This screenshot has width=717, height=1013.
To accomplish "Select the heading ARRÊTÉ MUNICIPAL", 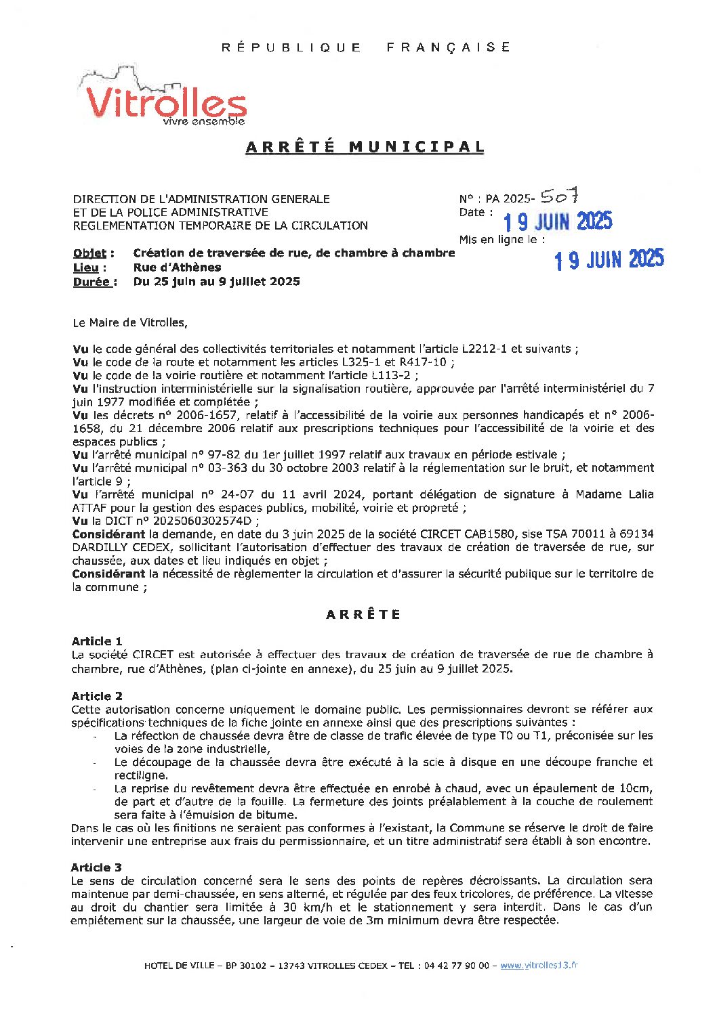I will point(365,147).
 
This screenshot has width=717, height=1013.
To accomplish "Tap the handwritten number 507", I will point(559,196).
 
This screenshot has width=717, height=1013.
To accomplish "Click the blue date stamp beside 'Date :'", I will point(557,221).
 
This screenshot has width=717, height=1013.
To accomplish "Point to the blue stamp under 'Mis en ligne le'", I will point(609,259).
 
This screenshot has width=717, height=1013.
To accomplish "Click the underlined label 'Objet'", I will point(89,253).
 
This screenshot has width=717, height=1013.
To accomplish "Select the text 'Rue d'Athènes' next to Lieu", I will point(177,267).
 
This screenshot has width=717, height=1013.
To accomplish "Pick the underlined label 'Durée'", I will point(91,282).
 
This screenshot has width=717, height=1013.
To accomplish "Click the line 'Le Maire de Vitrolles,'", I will point(129,323).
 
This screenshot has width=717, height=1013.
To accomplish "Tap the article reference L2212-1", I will point(489,349).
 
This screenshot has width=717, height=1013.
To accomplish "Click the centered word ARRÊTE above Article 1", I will point(364,615).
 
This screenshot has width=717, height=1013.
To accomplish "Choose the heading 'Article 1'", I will point(97,641).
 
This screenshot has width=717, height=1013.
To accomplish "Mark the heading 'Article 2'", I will point(97,696).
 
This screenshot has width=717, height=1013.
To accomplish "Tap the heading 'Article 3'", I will point(96,867).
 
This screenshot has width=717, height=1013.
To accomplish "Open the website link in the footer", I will point(539,966).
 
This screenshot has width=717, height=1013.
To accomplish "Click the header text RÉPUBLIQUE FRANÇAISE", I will point(366,47).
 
